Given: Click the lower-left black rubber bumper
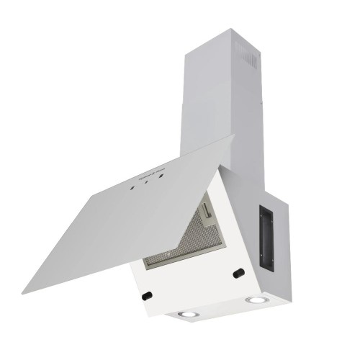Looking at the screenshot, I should coord(146,295).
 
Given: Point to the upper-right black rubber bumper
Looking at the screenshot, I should coord(238,273).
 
